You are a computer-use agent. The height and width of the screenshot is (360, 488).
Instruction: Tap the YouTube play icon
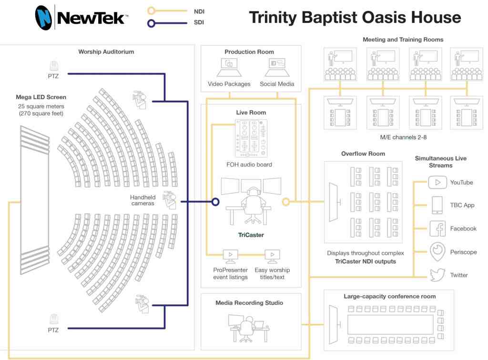point(437,182)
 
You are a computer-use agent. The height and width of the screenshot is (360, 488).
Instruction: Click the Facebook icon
point(437,229)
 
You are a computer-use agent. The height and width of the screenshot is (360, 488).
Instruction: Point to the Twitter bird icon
point(437,275)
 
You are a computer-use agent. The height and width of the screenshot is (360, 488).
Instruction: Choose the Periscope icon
point(437,252)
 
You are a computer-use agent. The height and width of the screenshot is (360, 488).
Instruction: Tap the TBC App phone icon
point(437,205)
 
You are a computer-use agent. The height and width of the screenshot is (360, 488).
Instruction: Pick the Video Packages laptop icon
point(229,68)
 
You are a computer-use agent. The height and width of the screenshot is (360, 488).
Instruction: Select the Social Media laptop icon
point(277,68)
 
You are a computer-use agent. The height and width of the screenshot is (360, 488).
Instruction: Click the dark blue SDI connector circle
point(215,202)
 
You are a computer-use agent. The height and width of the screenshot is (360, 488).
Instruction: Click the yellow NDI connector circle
point(285,202)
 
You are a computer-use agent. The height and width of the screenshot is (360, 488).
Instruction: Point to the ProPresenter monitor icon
point(231,256)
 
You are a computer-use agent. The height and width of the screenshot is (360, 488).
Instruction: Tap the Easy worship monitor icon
point(272,256)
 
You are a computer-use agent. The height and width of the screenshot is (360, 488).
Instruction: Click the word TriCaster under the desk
point(251,235)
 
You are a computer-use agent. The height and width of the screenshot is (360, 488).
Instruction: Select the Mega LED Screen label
point(41,97)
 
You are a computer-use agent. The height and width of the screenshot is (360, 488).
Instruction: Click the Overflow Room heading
point(363,154)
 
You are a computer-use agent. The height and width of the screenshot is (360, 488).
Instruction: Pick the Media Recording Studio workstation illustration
point(248,327)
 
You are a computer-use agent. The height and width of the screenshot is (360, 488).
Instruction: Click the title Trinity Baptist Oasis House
point(355,18)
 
